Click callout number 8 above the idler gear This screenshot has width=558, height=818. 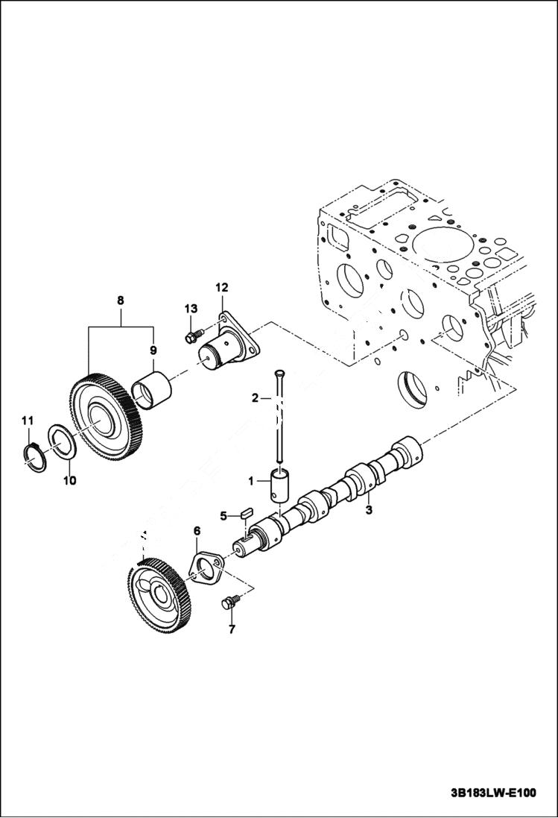(x=121, y=301)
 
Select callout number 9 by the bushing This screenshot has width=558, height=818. (x=153, y=350)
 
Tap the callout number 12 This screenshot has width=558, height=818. (x=222, y=287)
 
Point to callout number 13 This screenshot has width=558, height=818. (x=190, y=309)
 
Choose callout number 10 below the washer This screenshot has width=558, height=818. (x=69, y=480)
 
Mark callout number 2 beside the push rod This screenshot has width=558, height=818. (x=255, y=398)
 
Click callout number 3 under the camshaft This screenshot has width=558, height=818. (x=368, y=511)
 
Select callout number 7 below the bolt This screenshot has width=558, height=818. (x=231, y=630)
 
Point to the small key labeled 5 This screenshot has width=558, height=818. (x=249, y=513)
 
